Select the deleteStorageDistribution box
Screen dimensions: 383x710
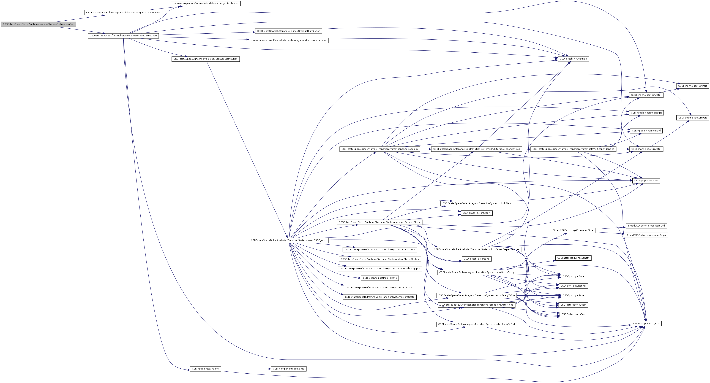pos(205,4)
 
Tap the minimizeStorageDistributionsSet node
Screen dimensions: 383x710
pos(123,13)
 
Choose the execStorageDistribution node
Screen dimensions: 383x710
pos(205,59)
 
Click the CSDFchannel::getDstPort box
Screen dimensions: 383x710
pos(692,86)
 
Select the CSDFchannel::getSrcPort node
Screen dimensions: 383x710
pos(692,118)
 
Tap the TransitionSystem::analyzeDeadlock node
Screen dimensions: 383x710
pos(379,149)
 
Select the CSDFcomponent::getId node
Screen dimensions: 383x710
pos(646,323)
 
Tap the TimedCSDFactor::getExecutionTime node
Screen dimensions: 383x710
pos(573,230)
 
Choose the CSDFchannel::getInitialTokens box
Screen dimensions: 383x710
pos(379,278)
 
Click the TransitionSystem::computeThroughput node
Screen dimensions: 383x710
pos(379,268)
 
